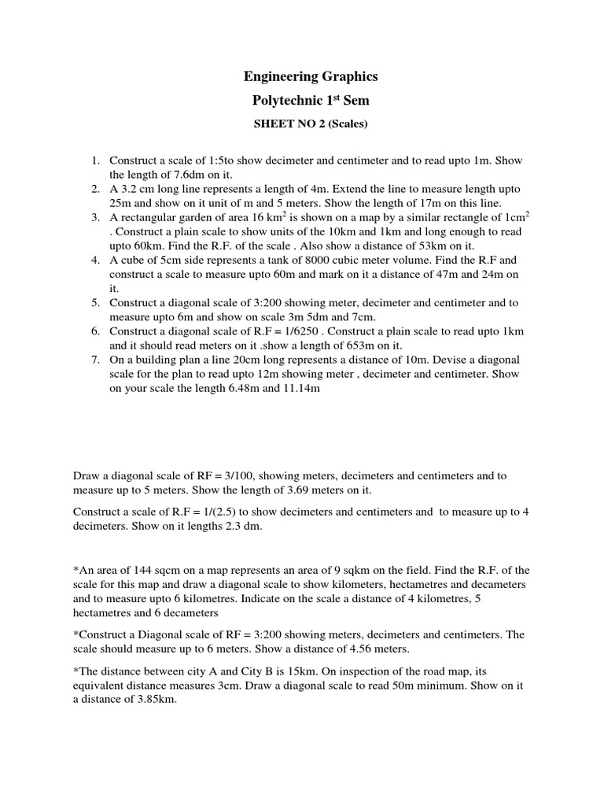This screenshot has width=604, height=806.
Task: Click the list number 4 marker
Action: (94, 260)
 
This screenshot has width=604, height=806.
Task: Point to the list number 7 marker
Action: (94, 360)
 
